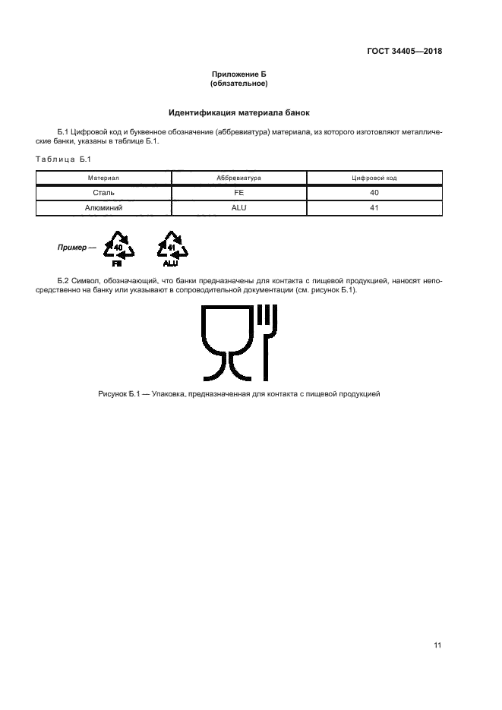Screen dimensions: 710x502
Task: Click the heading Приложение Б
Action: tap(240, 74)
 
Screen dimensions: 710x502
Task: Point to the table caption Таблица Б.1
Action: tap(63, 159)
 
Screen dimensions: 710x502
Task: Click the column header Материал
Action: tap(104, 178)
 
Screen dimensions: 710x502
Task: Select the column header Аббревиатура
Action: tap(238, 178)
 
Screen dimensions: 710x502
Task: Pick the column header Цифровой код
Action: tap(374, 178)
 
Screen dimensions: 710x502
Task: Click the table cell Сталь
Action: tap(104, 192)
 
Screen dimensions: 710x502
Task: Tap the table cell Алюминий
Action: tap(104, 207)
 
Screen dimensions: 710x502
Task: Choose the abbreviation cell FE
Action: tap(238, 192)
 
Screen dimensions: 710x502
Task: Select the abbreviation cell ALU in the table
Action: tap(238, 207)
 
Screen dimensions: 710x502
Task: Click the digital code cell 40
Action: tap(374, 192)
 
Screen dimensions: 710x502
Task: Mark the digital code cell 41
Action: tap(374, 207)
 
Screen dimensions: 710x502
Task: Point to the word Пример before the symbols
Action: tap(71, 248)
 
